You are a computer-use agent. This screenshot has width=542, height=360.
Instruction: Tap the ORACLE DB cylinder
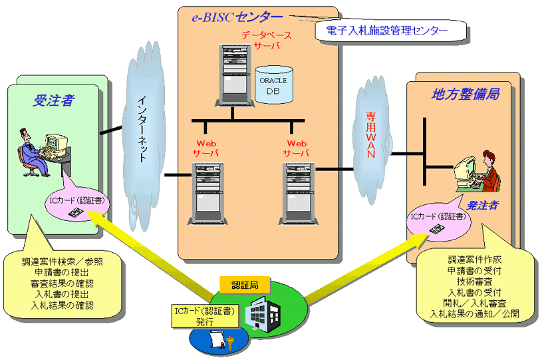click(x=273, y=84)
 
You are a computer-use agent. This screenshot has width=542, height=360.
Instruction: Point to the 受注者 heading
click(x=53, y=101)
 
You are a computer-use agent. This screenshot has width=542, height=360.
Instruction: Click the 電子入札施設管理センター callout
click(x=387, y=30)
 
